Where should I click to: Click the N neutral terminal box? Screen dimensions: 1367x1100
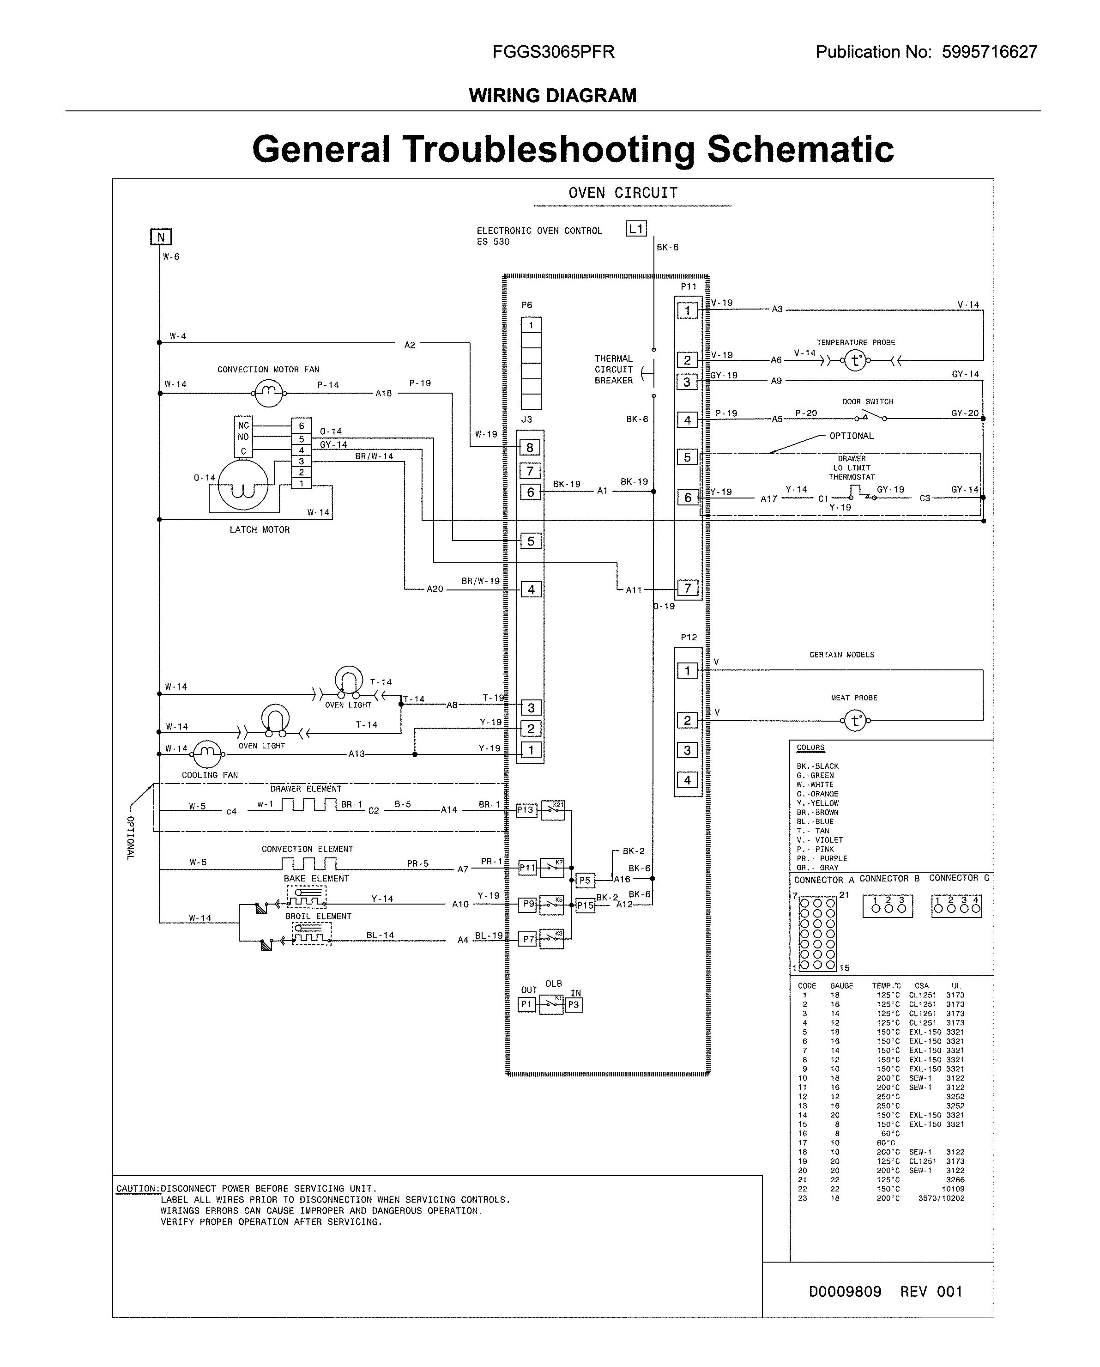click(161, 237)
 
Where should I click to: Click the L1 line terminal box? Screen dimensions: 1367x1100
click(635, 229)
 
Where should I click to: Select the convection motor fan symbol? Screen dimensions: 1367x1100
click(269, 393)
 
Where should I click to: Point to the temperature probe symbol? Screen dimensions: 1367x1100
click(855, 361)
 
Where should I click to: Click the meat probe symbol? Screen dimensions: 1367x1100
click(855, 721)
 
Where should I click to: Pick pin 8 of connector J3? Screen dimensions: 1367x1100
click(530, 448)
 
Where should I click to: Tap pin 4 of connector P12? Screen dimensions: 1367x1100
click(688, 780)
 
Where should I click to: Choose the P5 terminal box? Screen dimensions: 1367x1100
click(585, 880)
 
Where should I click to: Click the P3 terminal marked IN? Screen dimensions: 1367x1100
click(574, 1005)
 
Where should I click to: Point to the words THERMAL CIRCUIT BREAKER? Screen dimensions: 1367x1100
click(613, 370)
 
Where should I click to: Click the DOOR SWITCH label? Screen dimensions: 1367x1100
click(867, 402)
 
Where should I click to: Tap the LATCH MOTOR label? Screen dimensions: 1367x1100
click(259, 530)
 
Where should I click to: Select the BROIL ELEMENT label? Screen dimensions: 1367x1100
click(318, 916)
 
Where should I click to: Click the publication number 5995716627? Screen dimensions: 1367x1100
click(989, 52)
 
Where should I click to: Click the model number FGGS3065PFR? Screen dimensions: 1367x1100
click(553, 52)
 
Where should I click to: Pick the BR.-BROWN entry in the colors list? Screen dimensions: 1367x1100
click(817, 812)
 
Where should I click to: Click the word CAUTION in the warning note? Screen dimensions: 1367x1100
click(136, 1189)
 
